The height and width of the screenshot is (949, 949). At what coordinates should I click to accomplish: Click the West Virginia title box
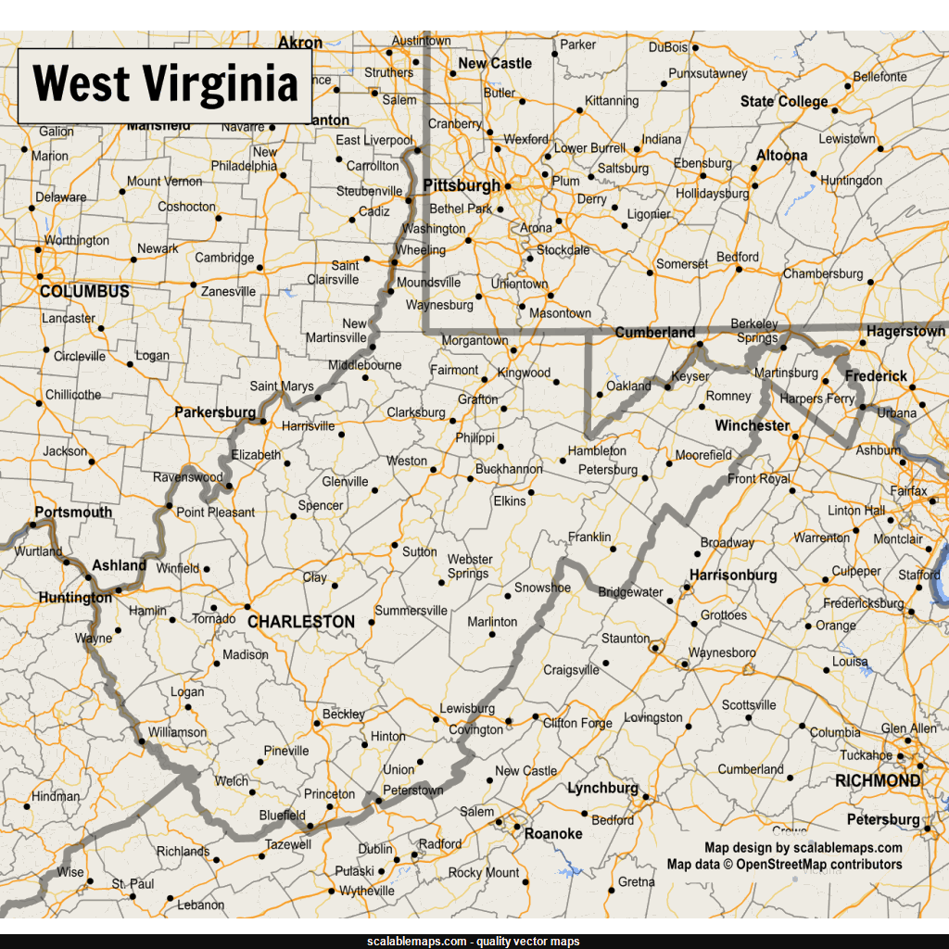[x=165, y=85]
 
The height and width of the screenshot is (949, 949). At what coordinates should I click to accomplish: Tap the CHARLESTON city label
[x=301, y=622]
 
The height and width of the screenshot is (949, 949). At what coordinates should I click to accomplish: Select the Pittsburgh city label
[x=462, y=185]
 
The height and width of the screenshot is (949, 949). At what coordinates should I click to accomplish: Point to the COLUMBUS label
[x=84, y=292]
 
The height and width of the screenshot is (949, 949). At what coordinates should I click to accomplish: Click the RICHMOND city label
[x=878, y=781]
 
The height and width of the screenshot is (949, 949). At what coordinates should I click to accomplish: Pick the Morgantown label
[x=474, y=341]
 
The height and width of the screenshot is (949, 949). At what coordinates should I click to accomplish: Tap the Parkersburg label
[x=215, y=411]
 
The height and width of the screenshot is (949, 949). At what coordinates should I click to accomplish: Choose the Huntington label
[x=75, y=598]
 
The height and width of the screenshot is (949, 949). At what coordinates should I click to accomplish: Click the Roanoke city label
[x=553, y=834]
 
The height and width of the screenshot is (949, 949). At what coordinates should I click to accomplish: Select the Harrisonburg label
[x=733, y=576]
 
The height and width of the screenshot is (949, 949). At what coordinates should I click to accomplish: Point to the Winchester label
[x=752, y=426]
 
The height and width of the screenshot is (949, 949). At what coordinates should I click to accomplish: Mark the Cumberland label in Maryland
[x=655, y=333]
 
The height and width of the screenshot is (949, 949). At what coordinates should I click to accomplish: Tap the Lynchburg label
[x=602, y=789]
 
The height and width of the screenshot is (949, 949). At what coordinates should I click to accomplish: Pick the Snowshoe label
[x=543, y=588]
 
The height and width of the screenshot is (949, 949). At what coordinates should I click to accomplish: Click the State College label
[x=784, y=102]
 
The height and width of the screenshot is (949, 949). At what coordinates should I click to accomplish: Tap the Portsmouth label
[x=73, y=512]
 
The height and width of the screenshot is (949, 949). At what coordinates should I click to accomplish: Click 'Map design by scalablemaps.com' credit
[x=803, y=848]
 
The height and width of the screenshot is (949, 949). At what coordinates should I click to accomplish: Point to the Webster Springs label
[x=470, y=566]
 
